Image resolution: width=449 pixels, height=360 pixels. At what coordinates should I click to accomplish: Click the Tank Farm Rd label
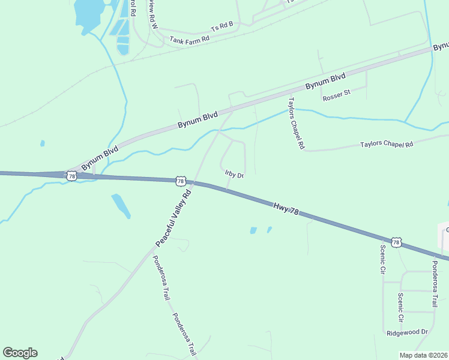189,40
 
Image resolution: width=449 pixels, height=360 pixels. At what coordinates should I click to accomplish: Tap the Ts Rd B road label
222,27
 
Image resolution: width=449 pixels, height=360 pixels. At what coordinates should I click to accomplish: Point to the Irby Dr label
235,175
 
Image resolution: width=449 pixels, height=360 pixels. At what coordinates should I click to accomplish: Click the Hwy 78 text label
286,209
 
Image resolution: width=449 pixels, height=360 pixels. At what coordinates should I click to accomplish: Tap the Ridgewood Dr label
408,332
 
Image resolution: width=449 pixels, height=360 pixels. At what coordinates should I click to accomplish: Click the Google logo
20,353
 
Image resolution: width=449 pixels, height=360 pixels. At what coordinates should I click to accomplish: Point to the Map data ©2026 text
423,355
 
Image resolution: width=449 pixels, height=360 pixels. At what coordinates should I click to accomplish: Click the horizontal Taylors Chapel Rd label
387,145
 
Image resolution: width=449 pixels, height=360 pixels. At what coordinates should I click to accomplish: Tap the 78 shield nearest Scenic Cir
396,242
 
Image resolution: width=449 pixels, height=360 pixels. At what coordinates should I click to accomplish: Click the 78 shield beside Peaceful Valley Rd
180,181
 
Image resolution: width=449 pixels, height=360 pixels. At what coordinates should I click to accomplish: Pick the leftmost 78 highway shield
71,176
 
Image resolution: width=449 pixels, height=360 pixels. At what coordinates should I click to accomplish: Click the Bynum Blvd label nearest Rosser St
325,82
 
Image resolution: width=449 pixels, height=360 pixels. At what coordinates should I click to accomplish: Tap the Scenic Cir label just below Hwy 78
382,259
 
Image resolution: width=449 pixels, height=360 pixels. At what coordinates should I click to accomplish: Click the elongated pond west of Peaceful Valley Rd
121,205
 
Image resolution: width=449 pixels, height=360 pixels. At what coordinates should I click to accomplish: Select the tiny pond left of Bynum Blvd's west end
42,143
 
